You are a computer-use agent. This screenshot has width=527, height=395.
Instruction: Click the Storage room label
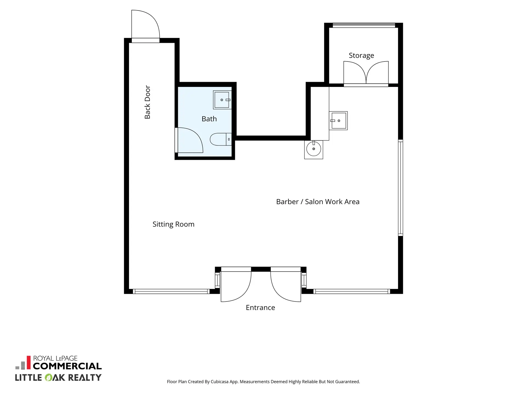[361, 55]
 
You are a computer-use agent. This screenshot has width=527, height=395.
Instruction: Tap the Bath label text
[209, 119]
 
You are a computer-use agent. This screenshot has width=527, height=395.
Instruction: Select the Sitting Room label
[173, 224]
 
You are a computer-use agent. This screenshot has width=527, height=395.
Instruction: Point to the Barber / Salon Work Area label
[318, 202]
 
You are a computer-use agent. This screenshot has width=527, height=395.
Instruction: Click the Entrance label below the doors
[260, 307]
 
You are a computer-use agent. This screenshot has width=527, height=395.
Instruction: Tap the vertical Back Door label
[147, 102]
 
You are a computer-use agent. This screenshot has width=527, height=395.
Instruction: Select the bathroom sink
[222, 100]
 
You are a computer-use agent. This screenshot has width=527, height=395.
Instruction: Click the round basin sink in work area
[313, 149]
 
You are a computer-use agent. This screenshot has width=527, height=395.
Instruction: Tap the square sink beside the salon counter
[338, 121]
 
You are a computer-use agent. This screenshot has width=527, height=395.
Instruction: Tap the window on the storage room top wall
[364, 25]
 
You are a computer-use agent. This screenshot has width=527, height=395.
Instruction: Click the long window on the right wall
[400, 188]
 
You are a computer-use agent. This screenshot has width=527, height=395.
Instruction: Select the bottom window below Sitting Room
[171, 291]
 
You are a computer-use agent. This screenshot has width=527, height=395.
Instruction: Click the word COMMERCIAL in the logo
[67, 366]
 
